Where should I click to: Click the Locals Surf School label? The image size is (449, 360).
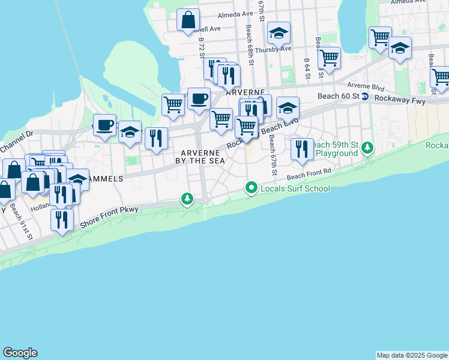pos(295,189)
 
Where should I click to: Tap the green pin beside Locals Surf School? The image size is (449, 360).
pos(252,189)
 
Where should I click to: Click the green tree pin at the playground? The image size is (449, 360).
pos(366,148)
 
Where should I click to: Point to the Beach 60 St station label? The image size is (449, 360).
pos(338,96)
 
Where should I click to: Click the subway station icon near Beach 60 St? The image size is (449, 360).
pos(364,97)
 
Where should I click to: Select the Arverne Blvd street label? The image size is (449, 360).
pos(369,87)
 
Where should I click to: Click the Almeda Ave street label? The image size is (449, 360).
pos(235,14)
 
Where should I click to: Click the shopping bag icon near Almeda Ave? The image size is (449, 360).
pos(188,20)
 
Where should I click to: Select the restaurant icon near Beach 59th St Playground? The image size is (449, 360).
pos(301,148)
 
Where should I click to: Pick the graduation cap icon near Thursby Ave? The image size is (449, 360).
pos(279,34)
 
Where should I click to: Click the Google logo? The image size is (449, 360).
pos(20,353)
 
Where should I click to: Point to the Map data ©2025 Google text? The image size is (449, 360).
pos(412,355)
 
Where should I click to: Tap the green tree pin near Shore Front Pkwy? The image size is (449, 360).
pos(187,198)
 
